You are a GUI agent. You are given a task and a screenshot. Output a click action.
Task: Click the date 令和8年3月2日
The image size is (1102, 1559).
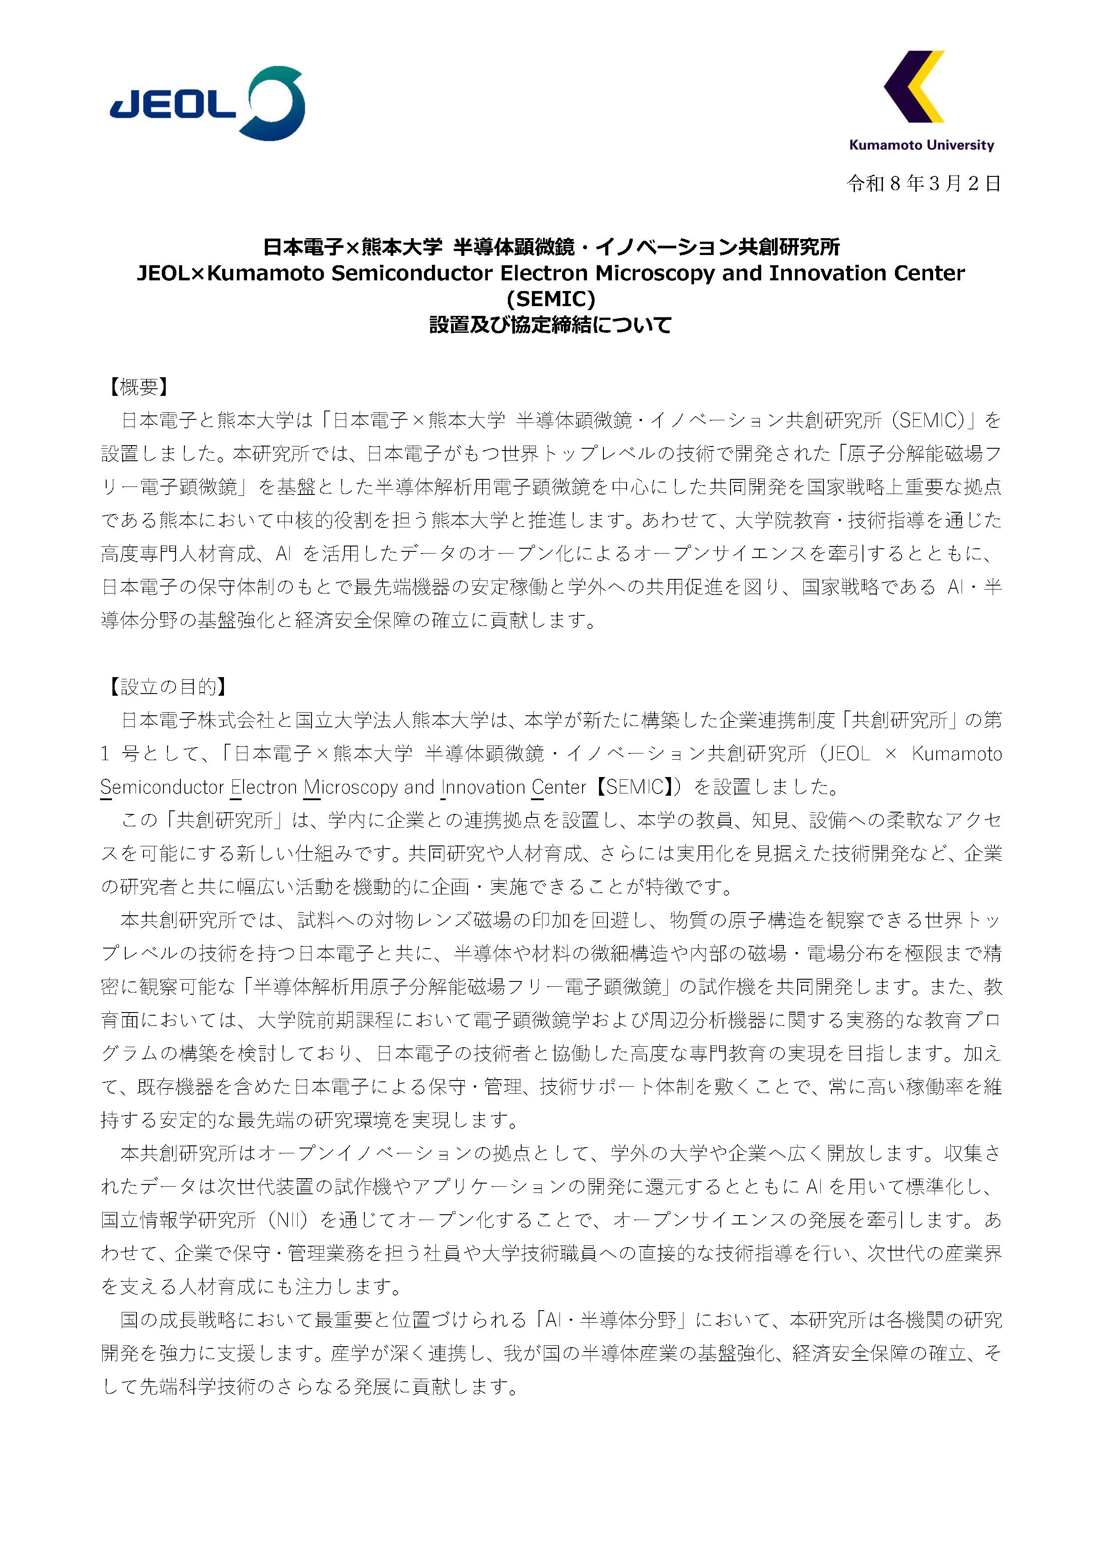point(923,183)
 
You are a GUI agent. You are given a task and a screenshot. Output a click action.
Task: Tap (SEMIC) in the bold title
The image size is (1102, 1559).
point(551,299)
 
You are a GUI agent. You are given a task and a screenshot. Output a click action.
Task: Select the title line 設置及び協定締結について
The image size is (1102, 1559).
point(551,325)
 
